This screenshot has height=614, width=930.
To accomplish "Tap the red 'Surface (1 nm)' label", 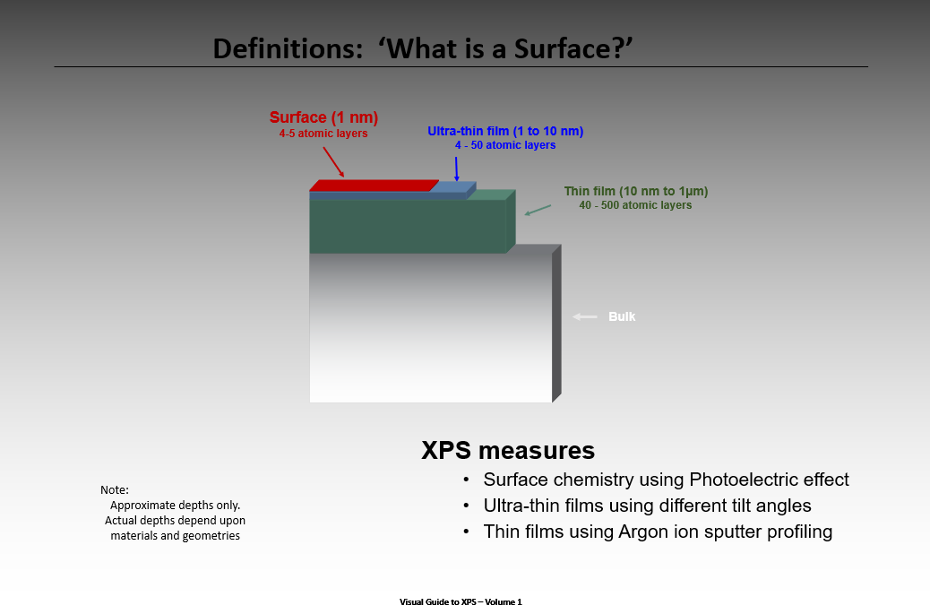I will click(x=323, y=117).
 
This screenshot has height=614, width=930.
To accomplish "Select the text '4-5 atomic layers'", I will click(x=323, y=134).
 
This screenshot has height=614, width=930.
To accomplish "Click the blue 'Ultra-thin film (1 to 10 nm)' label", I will click(x=505, y=131).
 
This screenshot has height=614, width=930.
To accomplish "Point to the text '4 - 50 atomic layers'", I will click(x=505, y=145).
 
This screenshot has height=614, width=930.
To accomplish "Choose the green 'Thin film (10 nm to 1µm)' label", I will click(x=635, y=191).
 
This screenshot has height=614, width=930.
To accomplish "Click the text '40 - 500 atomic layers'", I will click(x=635, y=205).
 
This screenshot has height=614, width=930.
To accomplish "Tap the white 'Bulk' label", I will click(x=622, y=316).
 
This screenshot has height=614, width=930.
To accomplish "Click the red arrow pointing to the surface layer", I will click(x=333, y=161).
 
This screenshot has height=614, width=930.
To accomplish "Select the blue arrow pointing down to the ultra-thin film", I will click(x=456, y=169).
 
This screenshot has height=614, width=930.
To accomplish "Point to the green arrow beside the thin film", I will click(x=538, y=210).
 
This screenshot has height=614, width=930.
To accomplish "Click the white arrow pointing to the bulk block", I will click(x=585, y=316).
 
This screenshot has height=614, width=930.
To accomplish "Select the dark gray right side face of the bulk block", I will click(x=556, y=323).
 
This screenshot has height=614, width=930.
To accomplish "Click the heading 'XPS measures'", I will click(x=508, y=450).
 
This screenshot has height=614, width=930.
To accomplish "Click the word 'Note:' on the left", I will click(x=115, y=489).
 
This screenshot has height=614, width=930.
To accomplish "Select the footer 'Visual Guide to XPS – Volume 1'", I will click(x=461, y=601).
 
